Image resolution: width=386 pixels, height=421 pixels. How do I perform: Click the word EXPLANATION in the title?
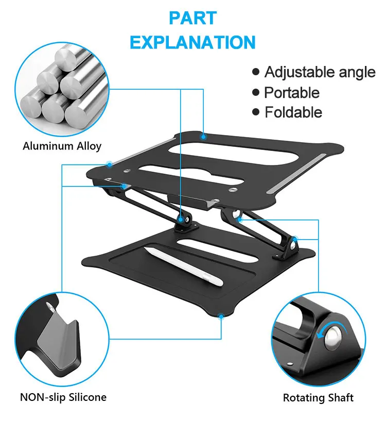coord(192,42)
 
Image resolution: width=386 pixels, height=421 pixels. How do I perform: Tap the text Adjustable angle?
coord(320,72)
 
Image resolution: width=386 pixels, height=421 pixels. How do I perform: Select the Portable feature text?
coord(291,93)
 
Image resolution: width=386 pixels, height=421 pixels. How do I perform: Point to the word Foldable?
coord(293,112)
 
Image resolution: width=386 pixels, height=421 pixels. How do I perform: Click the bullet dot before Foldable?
coord(256,112)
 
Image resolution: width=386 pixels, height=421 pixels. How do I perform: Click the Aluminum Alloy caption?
coord(62,146)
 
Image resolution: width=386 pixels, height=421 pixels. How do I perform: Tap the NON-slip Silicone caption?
coord(63,397)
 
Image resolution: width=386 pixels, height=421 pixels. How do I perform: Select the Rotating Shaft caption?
coord(318,398)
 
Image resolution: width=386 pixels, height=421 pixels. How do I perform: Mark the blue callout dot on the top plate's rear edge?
coord(204,137)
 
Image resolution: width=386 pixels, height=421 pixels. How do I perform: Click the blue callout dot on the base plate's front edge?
coord(221,316)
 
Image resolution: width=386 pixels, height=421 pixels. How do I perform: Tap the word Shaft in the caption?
coord(341,398)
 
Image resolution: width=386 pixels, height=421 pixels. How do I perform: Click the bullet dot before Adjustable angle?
coord(256,72)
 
